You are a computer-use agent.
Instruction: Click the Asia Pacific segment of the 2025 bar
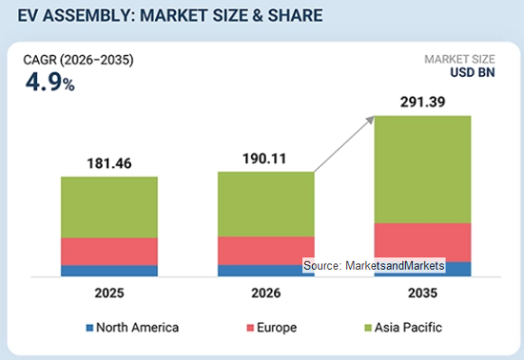tap(109, 208)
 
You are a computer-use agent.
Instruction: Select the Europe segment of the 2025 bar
tap(109, 252)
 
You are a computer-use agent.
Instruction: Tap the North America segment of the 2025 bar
tap(109, 271)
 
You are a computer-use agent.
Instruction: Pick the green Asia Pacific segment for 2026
tap(266, 204)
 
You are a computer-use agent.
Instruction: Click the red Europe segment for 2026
tap(266, 251)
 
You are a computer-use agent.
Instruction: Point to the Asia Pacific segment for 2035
tap(423, 170)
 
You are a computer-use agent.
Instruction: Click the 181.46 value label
tap(109, 163)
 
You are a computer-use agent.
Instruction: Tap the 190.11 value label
tap(264, 159)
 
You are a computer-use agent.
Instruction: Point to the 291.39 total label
tap(423, 102)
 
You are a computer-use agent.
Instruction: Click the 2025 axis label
tap(109, 293)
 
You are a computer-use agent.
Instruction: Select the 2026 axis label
tap(266, 293)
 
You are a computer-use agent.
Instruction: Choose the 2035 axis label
tap(423, 293)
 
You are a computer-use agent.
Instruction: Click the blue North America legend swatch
tap(89, 328)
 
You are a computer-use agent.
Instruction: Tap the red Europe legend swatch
tap(251, 328)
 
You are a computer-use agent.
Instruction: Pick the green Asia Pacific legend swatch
tap(368, 328)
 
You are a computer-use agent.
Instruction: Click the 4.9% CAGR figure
tap(51, 82)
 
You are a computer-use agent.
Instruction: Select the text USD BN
tap(473, 72)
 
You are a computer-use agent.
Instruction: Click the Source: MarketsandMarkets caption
tap(374, 265)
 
